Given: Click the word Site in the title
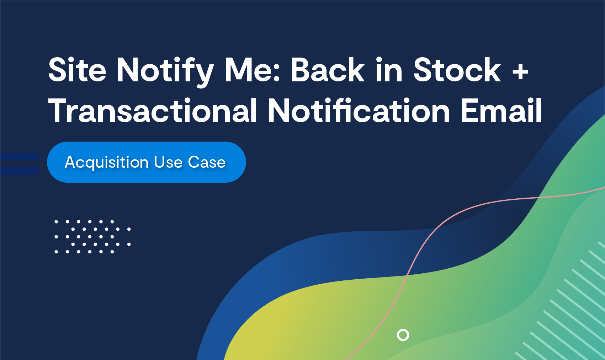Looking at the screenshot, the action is point(77,70).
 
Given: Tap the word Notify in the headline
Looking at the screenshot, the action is point(165,72).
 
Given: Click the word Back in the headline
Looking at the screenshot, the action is point(327,70).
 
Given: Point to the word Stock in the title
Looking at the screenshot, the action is point(457,70).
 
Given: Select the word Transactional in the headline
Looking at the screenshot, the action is point(152,111).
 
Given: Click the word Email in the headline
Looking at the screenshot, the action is point(501,111).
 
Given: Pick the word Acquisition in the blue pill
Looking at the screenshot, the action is point(107,162).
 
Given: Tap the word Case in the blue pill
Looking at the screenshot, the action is point(207,162).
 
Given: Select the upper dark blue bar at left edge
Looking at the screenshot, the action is point(19,156).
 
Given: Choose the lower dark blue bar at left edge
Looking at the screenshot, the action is point(19,171).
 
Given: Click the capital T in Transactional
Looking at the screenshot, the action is point(59,111).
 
